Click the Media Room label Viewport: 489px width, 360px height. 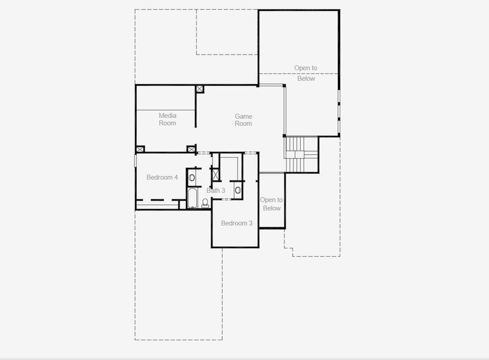(x=167, y=119)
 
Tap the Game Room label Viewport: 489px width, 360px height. (x=243, y=120)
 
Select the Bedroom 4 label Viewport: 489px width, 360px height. (x=162, y=177)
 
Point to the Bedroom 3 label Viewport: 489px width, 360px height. (x=237, y=223)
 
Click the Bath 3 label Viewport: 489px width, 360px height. (x=216, y=190)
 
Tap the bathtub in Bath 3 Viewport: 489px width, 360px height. (x=193, y=198)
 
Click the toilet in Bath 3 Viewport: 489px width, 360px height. (x=205, y=203)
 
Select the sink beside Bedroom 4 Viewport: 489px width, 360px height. (x=192, y=178)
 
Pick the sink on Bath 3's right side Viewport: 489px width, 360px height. (x=238, y=190)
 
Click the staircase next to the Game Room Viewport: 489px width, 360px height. (x=301, y=154)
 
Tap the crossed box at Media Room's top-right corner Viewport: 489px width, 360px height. (x=200, y=89)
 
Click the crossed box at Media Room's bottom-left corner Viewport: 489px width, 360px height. (x=140, y=149)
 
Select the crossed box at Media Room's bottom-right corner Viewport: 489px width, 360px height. (x=191, y=149)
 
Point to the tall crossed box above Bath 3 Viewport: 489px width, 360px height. (x=215, y=175)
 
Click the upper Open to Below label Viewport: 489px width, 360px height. (x=306, y=73)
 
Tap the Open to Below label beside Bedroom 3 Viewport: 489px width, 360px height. (x=271, y=204)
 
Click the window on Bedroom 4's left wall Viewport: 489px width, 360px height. (x=136, y=160)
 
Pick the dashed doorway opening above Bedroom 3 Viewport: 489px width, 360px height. (x=250, y=153)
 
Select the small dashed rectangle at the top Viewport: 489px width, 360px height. (x=227, y=32)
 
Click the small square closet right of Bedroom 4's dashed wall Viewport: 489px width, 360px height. (x=182, y=205)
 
